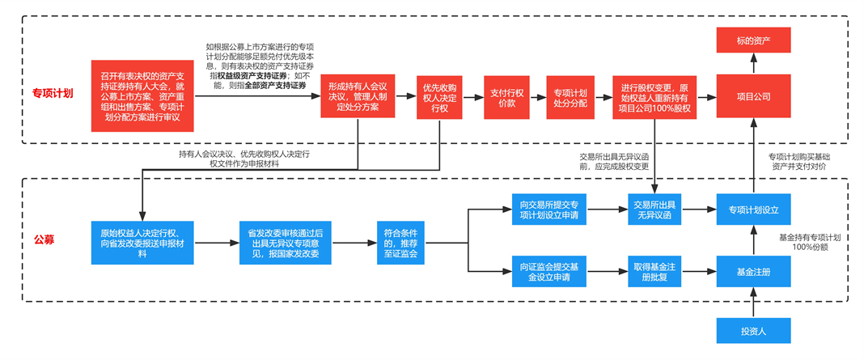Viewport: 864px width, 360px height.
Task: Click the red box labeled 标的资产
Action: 753,40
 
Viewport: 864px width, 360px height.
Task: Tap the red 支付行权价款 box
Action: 507,97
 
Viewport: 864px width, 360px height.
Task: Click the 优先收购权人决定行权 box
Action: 440,97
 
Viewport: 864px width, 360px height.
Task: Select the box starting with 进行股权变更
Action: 654,97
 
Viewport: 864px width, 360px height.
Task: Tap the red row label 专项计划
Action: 53,94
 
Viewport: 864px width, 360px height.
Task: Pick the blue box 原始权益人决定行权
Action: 142,242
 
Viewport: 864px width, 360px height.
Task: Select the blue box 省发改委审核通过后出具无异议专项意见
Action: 283,242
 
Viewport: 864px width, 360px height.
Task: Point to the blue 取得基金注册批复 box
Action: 656,271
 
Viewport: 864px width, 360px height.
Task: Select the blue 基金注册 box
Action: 753,271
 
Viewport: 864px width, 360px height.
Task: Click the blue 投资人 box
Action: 753,331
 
